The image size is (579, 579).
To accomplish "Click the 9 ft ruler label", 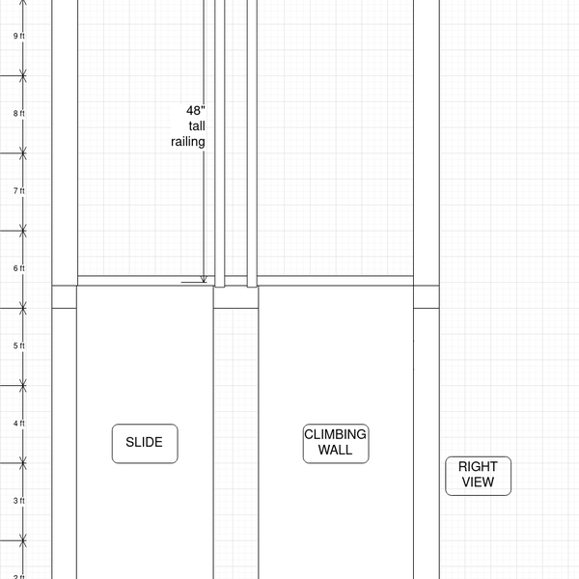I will [18, 37].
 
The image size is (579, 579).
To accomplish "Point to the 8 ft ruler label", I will [18, 114].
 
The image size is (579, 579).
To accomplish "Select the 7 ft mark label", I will [18, 191].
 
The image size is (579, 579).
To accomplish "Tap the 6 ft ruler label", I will [18, 268].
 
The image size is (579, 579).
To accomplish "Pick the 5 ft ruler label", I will [18, 345].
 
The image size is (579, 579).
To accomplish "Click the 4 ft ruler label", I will [18, 423].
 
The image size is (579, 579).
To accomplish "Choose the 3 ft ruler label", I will [18, 500].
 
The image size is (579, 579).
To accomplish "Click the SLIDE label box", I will [145, 444].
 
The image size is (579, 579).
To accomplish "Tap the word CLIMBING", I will [336, 435].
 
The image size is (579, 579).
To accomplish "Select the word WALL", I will [336, 451].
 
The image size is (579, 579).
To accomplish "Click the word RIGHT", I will [478, 466].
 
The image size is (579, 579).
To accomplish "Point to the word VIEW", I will [478, 482].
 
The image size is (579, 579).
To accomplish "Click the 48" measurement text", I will [197, 110].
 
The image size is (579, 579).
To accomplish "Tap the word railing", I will [188, 142].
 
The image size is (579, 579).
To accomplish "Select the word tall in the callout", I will [197, 126].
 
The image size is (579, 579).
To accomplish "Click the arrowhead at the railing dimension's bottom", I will [204, 280].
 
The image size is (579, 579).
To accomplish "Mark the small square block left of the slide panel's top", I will [64, 296].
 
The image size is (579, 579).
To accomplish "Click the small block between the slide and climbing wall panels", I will [235, 297].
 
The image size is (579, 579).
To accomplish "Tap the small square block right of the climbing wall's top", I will [426, 296].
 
